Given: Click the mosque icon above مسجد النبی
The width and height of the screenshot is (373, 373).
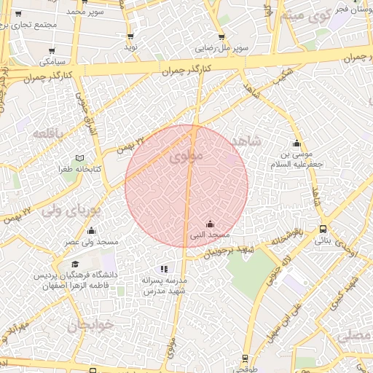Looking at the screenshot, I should point(211,224).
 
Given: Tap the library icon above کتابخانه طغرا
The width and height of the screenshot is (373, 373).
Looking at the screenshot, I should point(79,158).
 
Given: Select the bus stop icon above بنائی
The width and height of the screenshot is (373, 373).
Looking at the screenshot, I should point(323,228).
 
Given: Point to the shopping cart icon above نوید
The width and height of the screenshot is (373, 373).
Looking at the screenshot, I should point(130,36).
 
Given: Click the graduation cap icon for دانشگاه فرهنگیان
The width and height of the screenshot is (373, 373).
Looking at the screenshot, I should point(75,264).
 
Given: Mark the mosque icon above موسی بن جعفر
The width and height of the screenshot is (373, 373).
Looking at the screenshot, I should point(297,143).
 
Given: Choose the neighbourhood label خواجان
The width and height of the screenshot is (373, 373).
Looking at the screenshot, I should point(91,326).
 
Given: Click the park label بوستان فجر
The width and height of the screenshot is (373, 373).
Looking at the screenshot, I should point(349,10).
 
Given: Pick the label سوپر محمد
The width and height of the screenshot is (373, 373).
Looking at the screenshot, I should point(85,12).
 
